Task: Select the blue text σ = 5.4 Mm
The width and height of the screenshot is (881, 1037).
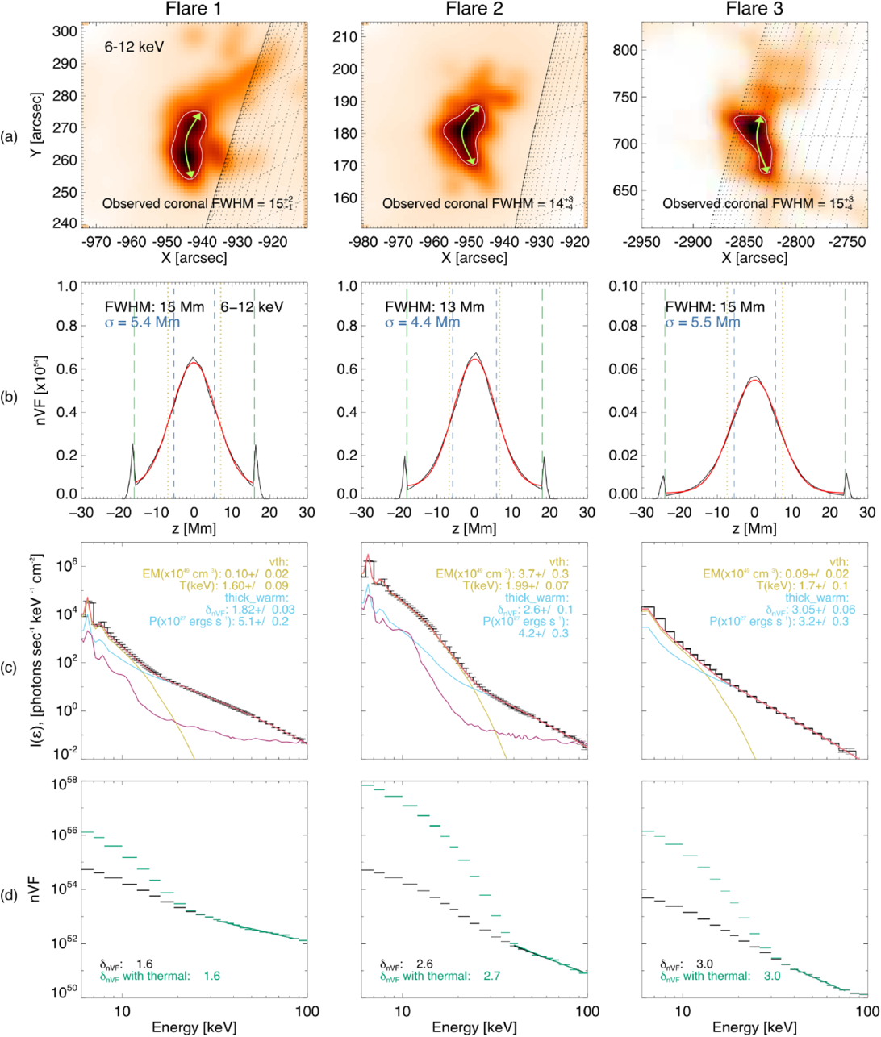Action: coord(142,323)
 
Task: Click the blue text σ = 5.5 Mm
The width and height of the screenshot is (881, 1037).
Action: coord(703,323)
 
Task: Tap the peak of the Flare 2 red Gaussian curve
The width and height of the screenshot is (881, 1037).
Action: coord(474,360)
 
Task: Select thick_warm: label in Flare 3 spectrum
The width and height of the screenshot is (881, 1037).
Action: coord(836,598)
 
